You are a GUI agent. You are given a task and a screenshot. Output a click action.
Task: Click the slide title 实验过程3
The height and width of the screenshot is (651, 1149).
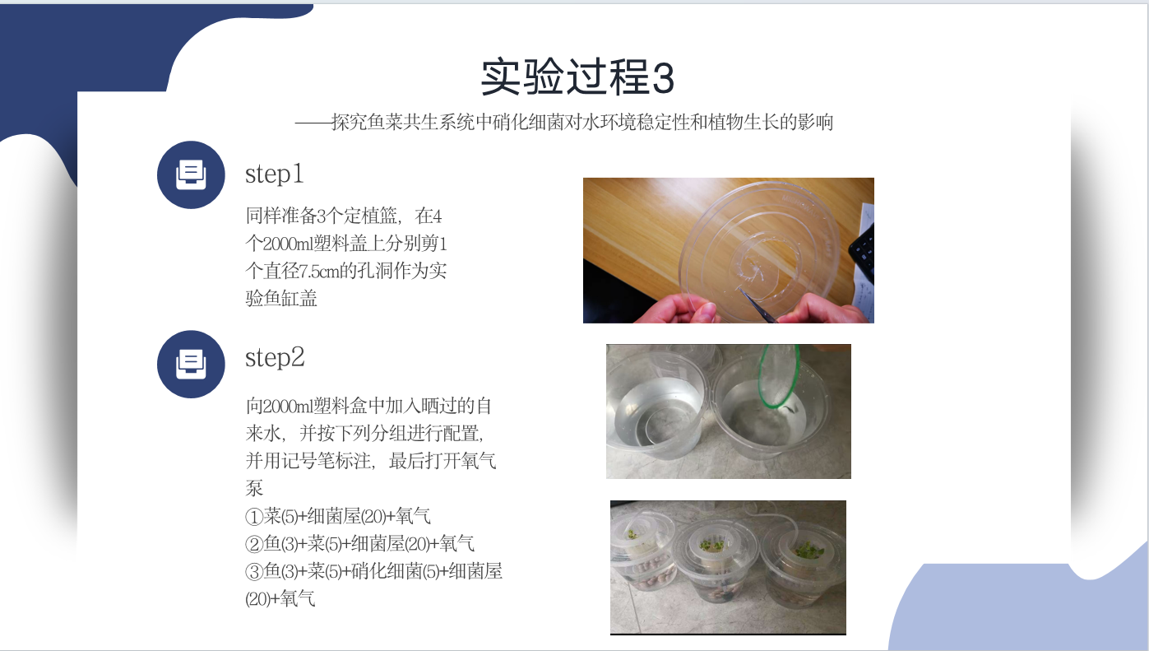(x=577, y=77)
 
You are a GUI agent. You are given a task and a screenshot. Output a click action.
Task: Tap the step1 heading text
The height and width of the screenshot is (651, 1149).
(x=275, y=174)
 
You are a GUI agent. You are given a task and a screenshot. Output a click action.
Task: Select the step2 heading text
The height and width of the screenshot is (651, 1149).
(x=275, y=358)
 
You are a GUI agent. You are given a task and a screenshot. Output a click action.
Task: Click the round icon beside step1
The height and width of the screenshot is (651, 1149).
(x=191, y=174)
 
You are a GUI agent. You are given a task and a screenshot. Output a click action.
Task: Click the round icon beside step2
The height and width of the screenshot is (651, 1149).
(x=191, y=364)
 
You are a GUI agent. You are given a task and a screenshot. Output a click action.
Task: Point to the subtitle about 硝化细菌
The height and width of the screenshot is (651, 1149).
(x=564, y=122)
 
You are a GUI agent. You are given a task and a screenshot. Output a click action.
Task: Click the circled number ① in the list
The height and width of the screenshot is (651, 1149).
(x=254, y=517)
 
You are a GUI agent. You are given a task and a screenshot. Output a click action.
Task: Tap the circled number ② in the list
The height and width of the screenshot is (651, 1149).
(x=254, y=544)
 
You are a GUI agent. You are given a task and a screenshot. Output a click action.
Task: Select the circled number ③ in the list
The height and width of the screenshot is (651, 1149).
(x=254, y=571)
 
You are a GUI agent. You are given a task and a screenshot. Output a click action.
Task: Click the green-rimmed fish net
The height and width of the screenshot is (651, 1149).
(x=779, y=377)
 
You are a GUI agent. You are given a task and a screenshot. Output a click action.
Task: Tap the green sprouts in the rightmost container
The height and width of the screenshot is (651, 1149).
(x=810, y=551)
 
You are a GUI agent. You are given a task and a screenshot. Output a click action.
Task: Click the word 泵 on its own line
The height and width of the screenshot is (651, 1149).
(x=254, y=488)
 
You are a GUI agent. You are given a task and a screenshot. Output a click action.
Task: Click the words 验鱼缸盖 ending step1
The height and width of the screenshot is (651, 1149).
(x=281, y=298)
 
